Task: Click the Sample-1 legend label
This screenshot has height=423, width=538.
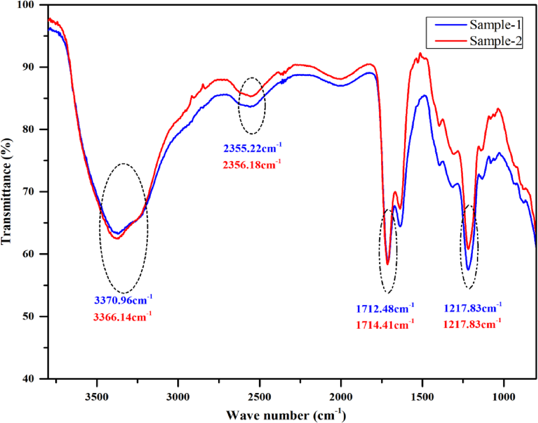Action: (495, 25)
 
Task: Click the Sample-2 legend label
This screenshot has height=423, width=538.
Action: (495, 41)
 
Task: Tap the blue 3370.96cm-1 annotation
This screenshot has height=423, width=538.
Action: (123, 300)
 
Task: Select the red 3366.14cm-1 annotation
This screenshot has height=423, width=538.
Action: (122, 317)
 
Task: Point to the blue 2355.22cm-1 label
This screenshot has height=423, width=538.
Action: (252, 148)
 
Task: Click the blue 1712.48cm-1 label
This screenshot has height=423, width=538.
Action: (385, 308)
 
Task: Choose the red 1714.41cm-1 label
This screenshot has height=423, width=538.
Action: (385, 324)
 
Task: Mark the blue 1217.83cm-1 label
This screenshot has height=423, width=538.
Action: (473, 308)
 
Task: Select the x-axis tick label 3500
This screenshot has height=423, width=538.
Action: (97, 397)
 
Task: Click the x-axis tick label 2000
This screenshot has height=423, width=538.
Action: (341, 397)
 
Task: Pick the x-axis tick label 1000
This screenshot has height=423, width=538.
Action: (504, 397)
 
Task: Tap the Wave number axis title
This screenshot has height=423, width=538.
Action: (286, 415)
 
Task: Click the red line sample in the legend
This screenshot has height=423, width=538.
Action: (451, 41)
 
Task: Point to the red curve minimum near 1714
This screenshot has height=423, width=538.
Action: (387, 264)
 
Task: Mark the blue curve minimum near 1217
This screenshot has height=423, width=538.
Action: (468, 269)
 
